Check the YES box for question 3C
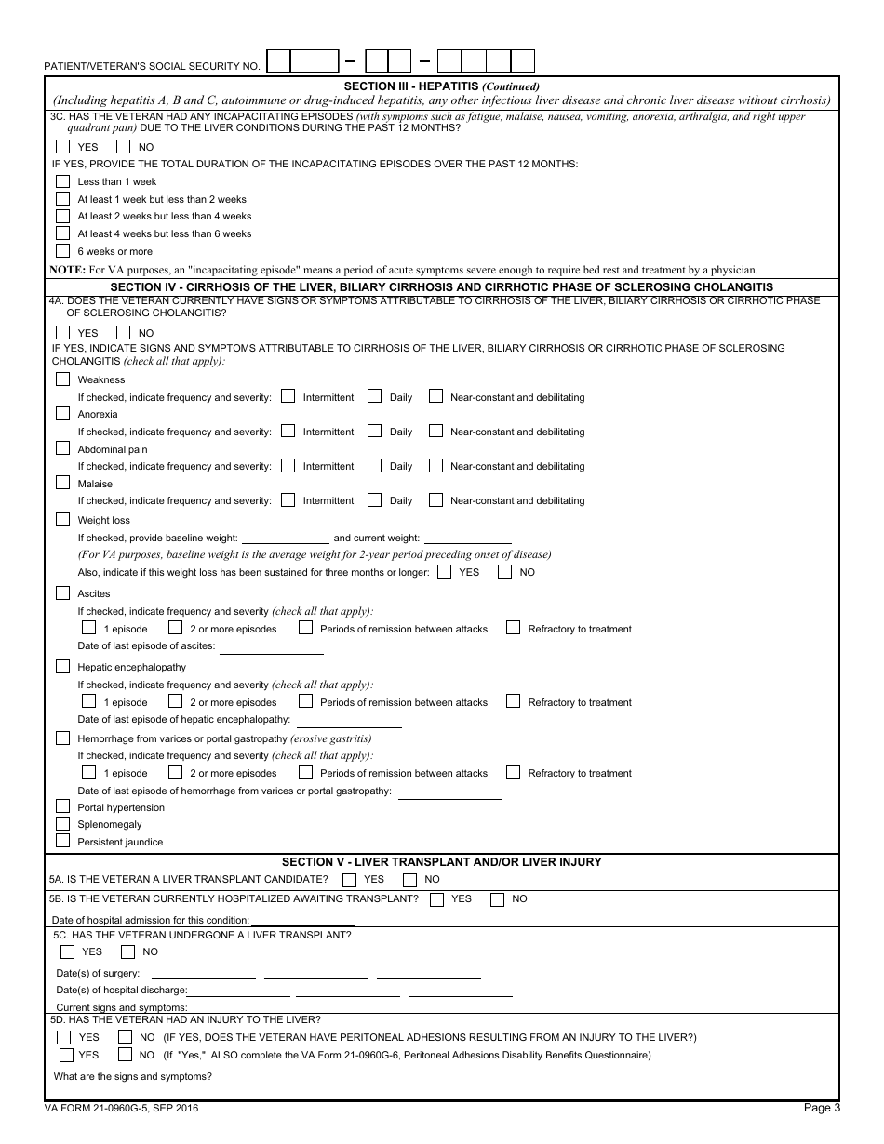point(62,146)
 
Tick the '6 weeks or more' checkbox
point(62,250)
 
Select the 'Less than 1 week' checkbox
point(62,181)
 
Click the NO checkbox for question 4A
point(124,332)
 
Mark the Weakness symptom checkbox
point(62,379)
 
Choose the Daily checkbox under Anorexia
point(374,431)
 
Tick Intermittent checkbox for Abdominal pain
point(288,465)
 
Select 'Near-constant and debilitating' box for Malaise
point(435,499)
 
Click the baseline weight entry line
point(285,538)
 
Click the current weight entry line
point(467,538)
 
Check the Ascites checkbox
point(62,592)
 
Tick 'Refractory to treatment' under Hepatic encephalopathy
point(513,701)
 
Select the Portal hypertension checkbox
point(62,806)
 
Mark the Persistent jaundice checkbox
point(62,841)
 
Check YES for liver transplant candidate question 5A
point(349,879)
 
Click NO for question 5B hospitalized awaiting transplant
point(497,898)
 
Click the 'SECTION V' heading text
point(442,862)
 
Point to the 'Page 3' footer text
point(822,1108)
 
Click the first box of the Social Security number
point(278,61)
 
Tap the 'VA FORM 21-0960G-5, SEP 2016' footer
point(121,1108)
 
